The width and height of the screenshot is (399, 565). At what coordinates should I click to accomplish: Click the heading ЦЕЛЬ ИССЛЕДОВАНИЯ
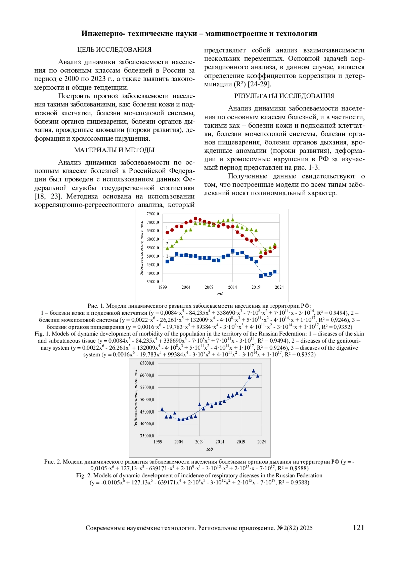[114, 50]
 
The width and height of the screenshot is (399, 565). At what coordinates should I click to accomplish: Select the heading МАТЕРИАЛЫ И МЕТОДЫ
[114, 150]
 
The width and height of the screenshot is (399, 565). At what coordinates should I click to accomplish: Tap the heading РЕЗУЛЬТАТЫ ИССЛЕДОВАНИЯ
[284, 96]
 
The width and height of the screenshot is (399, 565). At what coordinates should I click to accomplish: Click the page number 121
[358, 528]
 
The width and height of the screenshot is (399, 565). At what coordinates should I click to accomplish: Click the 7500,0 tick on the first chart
[153, 214]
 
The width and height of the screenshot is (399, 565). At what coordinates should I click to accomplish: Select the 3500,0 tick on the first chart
[153, 282]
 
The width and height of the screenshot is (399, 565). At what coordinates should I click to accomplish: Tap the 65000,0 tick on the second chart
[147, 363]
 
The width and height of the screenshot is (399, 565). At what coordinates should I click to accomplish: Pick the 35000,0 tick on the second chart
[147, 436]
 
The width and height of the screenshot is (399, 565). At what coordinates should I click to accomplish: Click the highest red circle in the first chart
[195, 219]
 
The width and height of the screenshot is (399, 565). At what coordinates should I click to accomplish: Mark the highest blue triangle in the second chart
[253, 371]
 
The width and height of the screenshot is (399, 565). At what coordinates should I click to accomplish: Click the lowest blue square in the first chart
[261, 276]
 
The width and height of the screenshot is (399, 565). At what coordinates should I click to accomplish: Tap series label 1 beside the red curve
[167, 227]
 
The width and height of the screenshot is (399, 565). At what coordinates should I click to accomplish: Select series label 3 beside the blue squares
[167, 256]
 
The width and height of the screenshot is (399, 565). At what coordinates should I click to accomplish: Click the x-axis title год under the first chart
[220, 294]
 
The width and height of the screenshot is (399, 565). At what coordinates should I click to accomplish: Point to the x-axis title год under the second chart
[209, 449]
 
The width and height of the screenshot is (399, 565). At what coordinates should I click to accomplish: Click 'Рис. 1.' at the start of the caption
[96, 306]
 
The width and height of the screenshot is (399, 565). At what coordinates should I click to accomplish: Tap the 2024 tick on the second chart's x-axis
[262, 442]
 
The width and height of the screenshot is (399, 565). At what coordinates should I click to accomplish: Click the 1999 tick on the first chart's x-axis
[162, 287]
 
